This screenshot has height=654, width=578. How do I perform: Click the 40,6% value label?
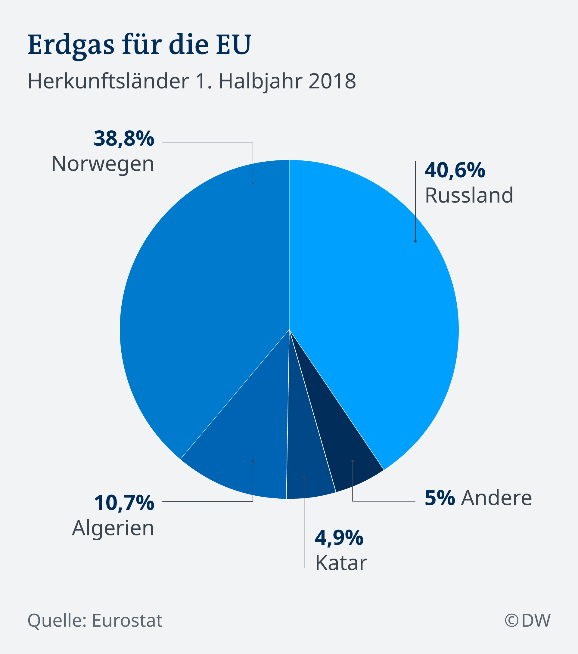click(x=455, y=170)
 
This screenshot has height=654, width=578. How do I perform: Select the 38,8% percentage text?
click(x=124, y=139)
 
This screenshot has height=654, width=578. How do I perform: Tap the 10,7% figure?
click(x=124, y=503)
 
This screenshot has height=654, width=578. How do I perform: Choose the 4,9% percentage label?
click(x=339, y=538)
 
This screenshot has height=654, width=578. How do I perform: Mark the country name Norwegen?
click(x=103, y=164)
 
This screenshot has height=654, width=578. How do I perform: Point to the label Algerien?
click(x=113, y=528)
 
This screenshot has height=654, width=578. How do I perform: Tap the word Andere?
click(x=496, y=498)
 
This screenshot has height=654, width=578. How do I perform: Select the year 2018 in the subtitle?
click(x=332, y=81)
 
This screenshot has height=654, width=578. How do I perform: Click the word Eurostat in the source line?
click(x=127, y=621)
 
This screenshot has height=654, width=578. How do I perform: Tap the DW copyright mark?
click(x=528, y=621)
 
